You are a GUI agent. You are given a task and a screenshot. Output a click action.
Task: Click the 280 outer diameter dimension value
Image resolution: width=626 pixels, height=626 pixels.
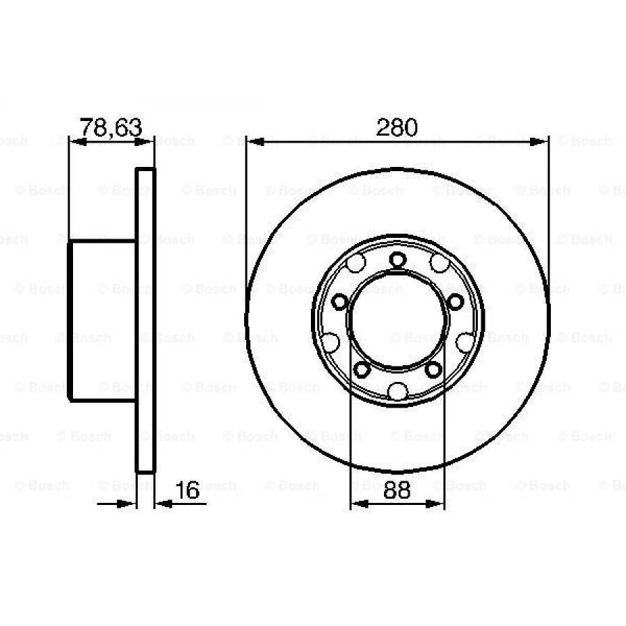pyautogui.click(x=397, y=127)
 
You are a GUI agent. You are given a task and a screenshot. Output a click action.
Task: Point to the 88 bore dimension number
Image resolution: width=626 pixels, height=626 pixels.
pyautogui.click(x=397, y=490)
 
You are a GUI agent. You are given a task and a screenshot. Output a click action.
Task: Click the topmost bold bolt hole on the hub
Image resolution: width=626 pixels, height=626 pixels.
pyautogui.click(x=397, y=260)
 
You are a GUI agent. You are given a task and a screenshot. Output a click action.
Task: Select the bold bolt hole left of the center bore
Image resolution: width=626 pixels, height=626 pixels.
pyautogui.click(x=340, y=302)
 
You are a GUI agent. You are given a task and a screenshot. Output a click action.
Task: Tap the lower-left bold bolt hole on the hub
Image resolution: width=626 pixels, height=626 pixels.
pyautogui.click(x=361, y=369)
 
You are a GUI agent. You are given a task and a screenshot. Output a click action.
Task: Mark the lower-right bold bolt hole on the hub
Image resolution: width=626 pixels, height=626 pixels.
pyautogui.click(x=433, y=369)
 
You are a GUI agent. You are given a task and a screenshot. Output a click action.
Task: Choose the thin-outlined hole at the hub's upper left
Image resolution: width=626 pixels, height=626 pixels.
pyautogui.click(x=356, y=264)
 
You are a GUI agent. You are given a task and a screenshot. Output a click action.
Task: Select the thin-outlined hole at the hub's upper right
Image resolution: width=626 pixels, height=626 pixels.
pyautogui.click(x=439, y=263)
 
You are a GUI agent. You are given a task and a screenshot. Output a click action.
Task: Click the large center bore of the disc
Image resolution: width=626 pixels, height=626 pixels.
pyautogui.click(x=397, y=320)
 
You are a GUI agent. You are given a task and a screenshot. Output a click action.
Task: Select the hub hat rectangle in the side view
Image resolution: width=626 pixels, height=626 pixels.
pyautogui.click(x=102, y=320)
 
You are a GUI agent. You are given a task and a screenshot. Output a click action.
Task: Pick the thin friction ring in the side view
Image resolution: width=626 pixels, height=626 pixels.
pyautogui.click(x=145, y=320)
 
